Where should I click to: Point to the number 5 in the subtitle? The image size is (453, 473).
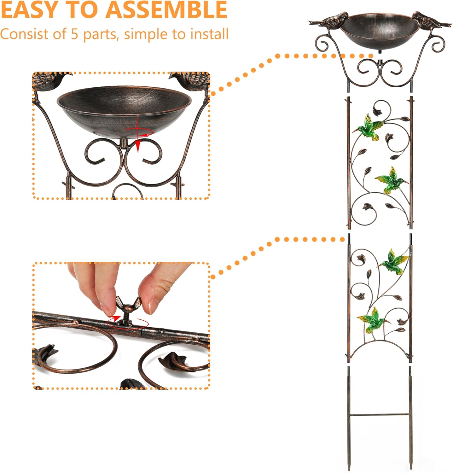coord(74,34)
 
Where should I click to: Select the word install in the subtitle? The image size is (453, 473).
coord(208,34)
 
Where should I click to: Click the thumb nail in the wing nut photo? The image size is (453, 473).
coord(154,304)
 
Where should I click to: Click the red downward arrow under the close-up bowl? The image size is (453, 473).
coord(138,146)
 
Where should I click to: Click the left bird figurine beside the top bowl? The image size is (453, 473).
coord(329,20)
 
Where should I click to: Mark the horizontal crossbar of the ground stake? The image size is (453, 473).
coord(380,414)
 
